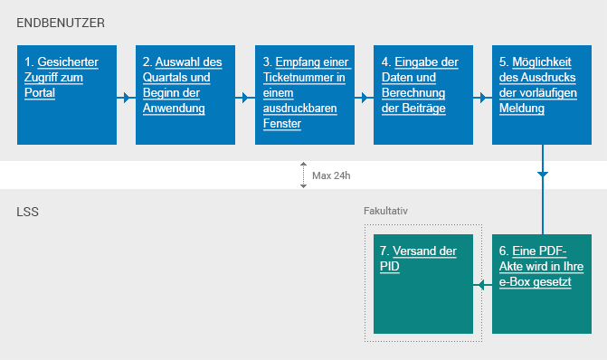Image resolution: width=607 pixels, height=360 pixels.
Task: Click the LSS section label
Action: click(x=27, y=213)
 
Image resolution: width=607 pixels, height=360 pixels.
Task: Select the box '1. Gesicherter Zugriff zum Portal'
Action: click(x=67, y=94)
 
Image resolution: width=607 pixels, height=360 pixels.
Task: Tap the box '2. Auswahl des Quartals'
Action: click(x=185, y=94)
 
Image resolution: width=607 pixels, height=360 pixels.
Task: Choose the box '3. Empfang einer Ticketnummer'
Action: click(x=304, y=94)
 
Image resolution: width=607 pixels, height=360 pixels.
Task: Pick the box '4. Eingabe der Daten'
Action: click(x=422, y=94)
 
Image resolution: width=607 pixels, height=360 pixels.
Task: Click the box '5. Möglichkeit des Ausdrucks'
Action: click(x=542, y=94)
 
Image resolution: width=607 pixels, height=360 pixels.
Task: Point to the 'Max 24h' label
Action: click(x=330, y=175)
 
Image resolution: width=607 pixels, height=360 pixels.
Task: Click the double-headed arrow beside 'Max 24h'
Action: click(x=304, y=175)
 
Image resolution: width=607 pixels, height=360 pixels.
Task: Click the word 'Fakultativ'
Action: click(x=386, y=211)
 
